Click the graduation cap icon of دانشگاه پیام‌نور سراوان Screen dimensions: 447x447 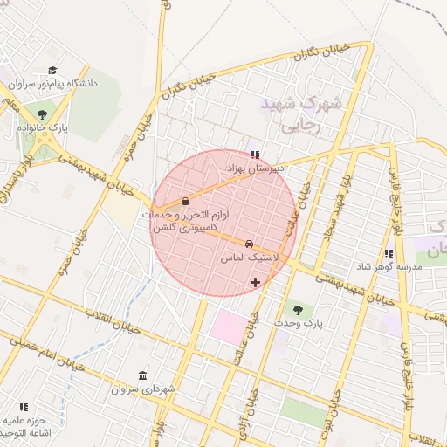(x=52, y=71)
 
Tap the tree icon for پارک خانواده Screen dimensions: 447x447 (x=43, y=113)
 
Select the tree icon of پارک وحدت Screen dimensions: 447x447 (x=299, y=309)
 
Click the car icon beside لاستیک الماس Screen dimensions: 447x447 (x=250, y=244)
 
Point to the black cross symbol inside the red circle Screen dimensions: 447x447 (x=255, y=282)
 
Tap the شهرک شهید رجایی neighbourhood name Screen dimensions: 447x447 (x=302, y=114)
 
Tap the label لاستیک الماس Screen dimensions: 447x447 (x=250, y=259)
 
